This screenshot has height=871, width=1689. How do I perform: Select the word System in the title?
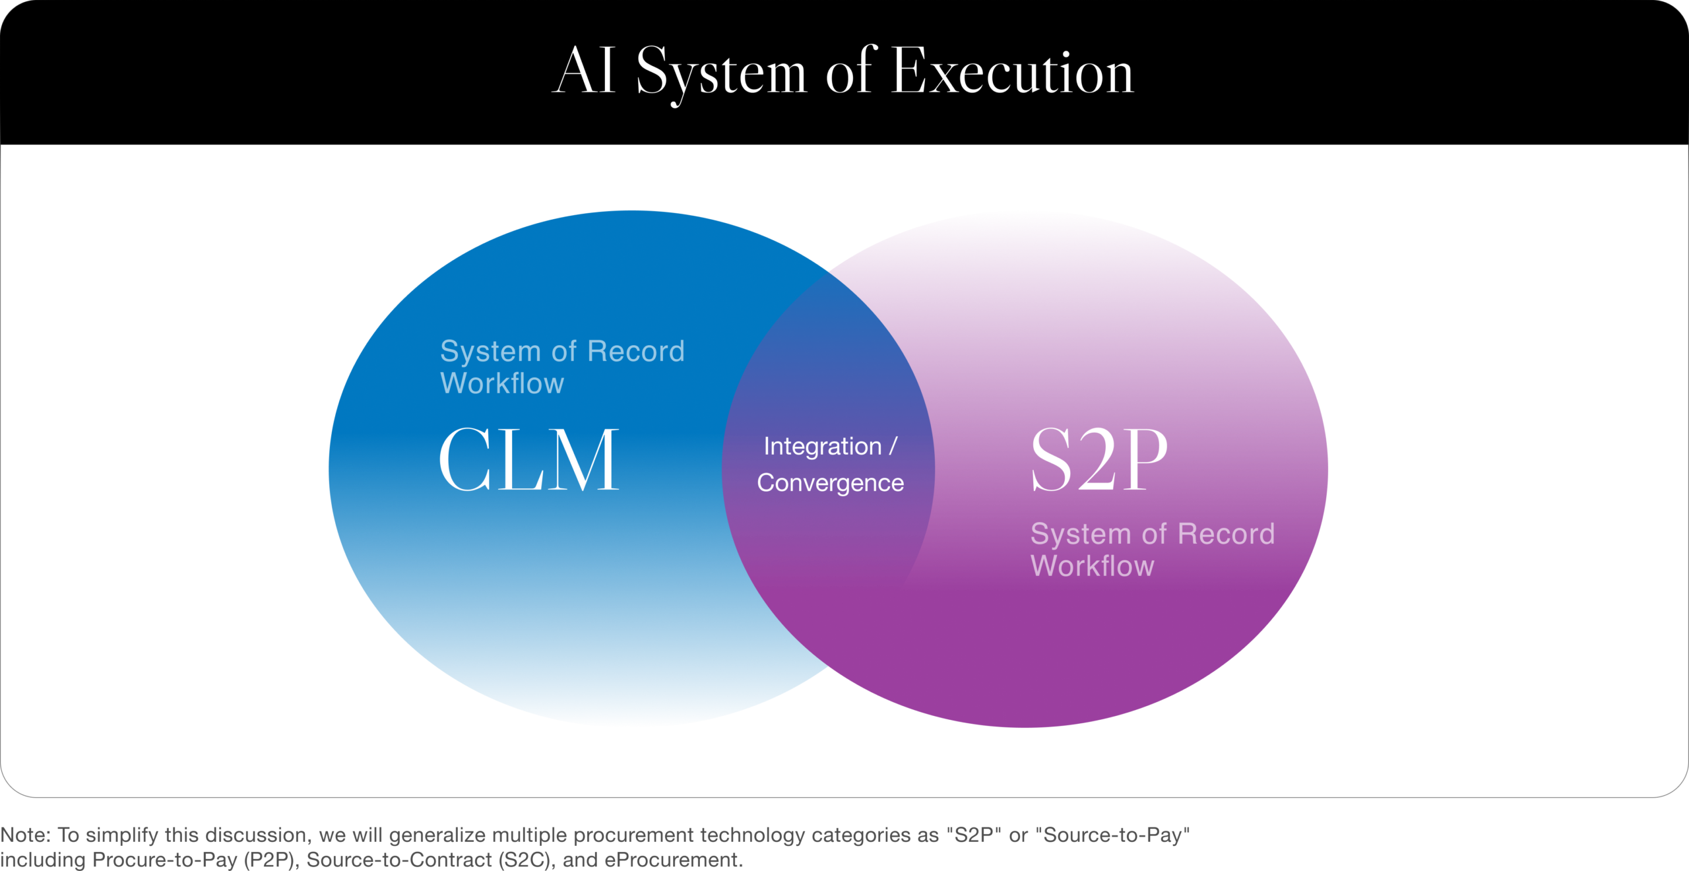point(721,74)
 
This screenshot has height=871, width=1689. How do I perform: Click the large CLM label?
point(529,460)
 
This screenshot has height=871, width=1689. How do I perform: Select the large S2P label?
point(1099,460)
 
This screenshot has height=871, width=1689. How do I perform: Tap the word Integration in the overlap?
point(822,447)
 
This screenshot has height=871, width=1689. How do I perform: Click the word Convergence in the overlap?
point(830,483)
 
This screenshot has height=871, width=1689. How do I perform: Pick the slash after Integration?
point(893,446)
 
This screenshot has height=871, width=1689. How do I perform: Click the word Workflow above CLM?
point(502,383)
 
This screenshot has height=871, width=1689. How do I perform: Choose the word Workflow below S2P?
point(1093,566)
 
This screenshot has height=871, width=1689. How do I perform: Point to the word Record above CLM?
point(636,351)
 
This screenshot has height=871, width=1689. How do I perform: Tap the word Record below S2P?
point(1227,534)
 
